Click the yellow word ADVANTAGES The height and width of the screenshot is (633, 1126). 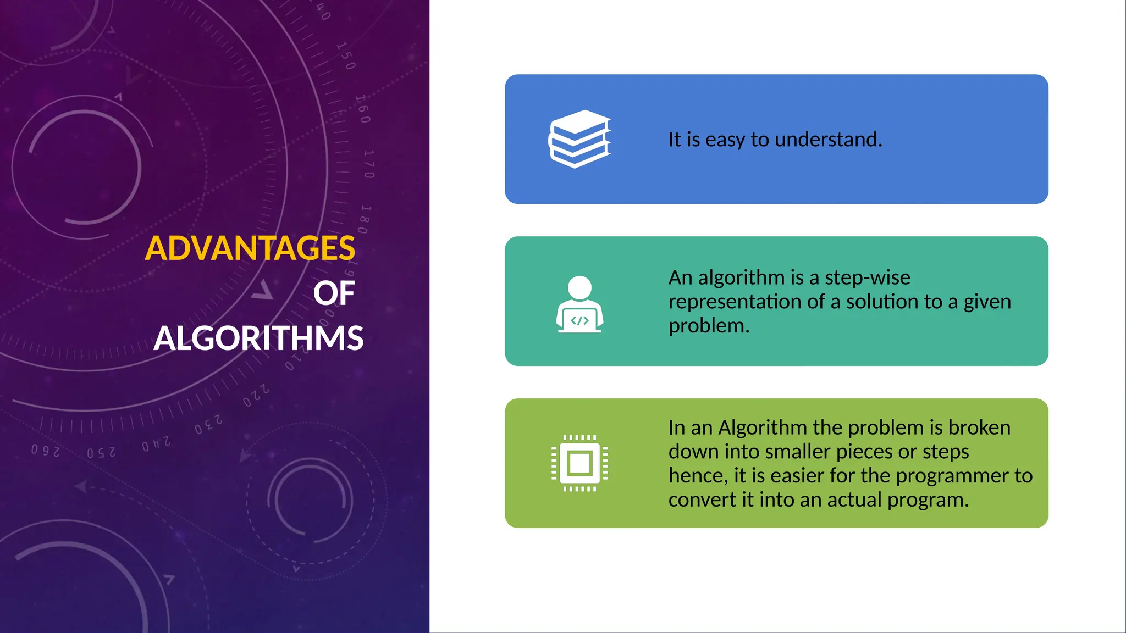coord(250,248)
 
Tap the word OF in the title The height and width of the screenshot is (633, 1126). coord(334,293)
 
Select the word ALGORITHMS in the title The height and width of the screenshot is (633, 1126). coord(258,338)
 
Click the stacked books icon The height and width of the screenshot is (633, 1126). coord(579,138)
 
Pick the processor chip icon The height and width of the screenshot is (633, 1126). coord(579,463)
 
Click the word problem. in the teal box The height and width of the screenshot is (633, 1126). coord(709,326)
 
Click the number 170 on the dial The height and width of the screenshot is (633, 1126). coord(369,164)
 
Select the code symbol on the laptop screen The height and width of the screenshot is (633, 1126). coord(579,320)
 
